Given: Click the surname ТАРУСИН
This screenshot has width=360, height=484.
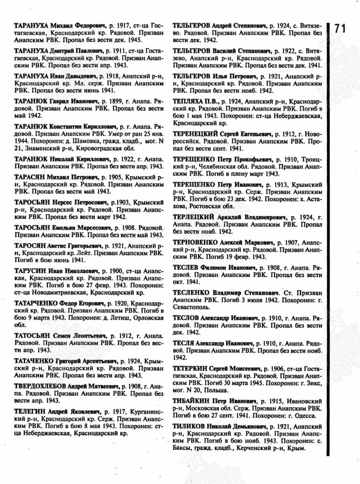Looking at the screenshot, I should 29,271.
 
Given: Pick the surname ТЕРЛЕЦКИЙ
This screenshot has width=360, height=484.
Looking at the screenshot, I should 194,217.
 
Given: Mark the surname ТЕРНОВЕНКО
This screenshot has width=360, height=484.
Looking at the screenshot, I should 195,242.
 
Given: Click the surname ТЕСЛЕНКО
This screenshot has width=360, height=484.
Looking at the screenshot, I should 192,292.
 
